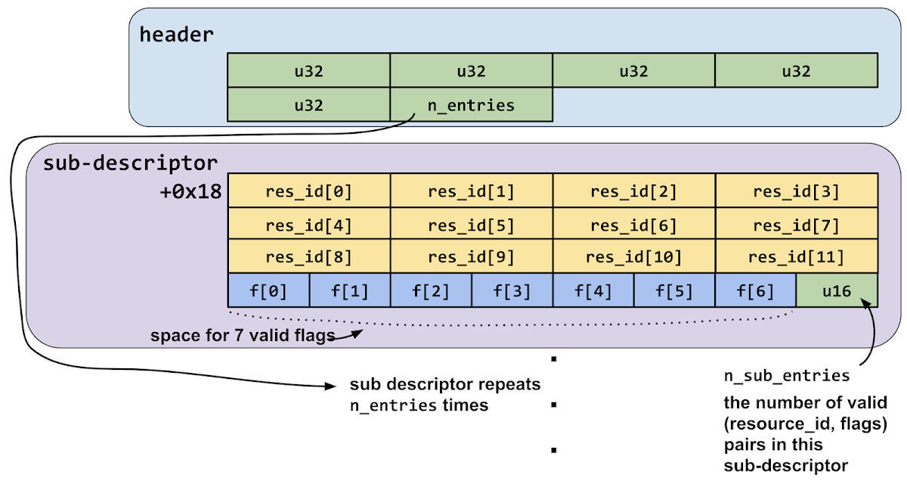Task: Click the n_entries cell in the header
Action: point(471,105)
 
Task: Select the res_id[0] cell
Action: point(308,191)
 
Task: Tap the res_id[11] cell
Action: point(797,257)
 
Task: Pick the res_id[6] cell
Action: point(633,225)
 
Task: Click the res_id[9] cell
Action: point(471,257)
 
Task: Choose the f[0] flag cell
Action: point(268,290)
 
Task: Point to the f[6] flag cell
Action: point(755,290)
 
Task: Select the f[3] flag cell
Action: point(512,290)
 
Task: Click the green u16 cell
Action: point(837,290)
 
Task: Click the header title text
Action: point(176,34)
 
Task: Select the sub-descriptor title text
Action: point(131,163)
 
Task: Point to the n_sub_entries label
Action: point(787,376)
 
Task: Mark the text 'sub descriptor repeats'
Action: point(445,384)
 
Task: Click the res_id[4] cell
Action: point(308,225)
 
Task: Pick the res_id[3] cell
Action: point(797,191)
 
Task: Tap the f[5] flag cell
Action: point(674,290)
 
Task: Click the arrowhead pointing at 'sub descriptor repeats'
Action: point(330,386)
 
